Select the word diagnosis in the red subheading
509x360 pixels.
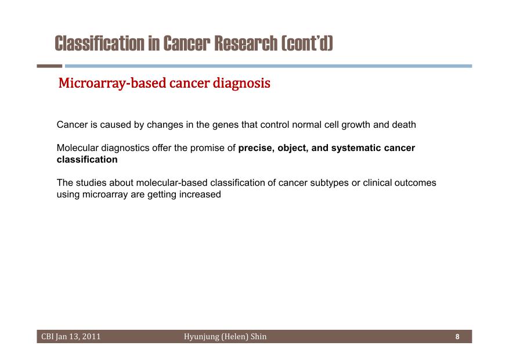241,83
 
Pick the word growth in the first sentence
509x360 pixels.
355,125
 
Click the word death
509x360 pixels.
404,124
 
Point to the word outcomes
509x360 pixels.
415,183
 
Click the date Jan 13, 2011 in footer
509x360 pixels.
78,337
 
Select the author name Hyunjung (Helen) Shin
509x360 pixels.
225,337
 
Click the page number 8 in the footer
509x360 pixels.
457,337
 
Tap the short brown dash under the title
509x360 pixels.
49,66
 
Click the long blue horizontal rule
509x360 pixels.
269,66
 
